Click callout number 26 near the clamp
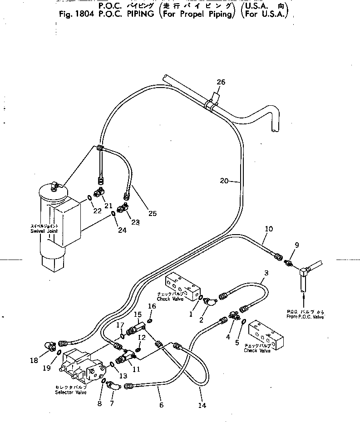point(221,82)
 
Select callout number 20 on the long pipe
point(224,181)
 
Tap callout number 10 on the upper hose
point(268,229)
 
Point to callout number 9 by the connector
point(297,245)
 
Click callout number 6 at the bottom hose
point(160,405)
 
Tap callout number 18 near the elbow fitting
point(34,360)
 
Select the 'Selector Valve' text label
point(68,390)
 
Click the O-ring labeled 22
point(91,196)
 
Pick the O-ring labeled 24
point(113,214)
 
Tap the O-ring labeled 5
point(244,321)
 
